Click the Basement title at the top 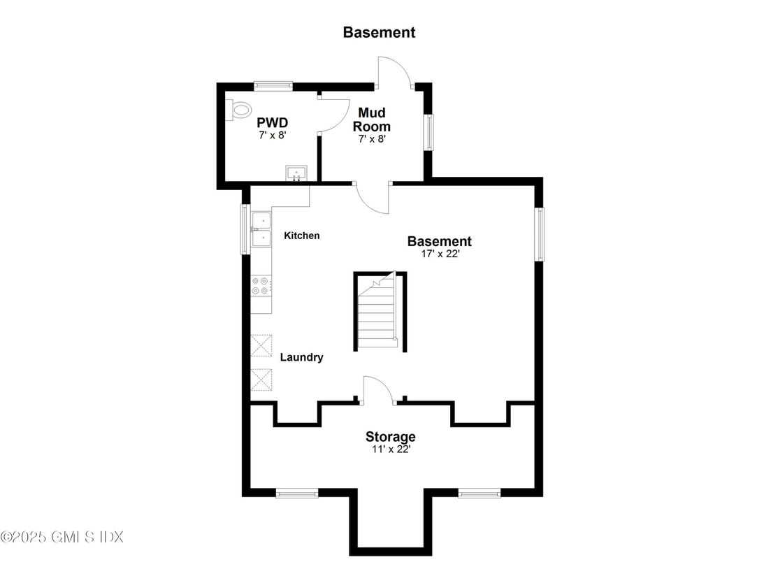[379, 32]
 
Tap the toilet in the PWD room [240, 109]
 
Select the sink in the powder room [296, 172]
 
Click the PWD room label [272, 124]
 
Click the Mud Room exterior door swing [394, 73]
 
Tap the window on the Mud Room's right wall [430, 131]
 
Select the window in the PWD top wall [273, 85]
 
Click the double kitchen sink [261, 229]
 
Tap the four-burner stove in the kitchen [261, 285]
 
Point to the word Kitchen [301, 236]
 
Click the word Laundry [301, 357]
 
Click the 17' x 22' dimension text [439, 254]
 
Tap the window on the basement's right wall [540, 234]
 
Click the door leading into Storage [377, 389]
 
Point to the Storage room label [390, 437]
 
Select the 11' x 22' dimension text [390, 449]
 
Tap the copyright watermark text [62, 537]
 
